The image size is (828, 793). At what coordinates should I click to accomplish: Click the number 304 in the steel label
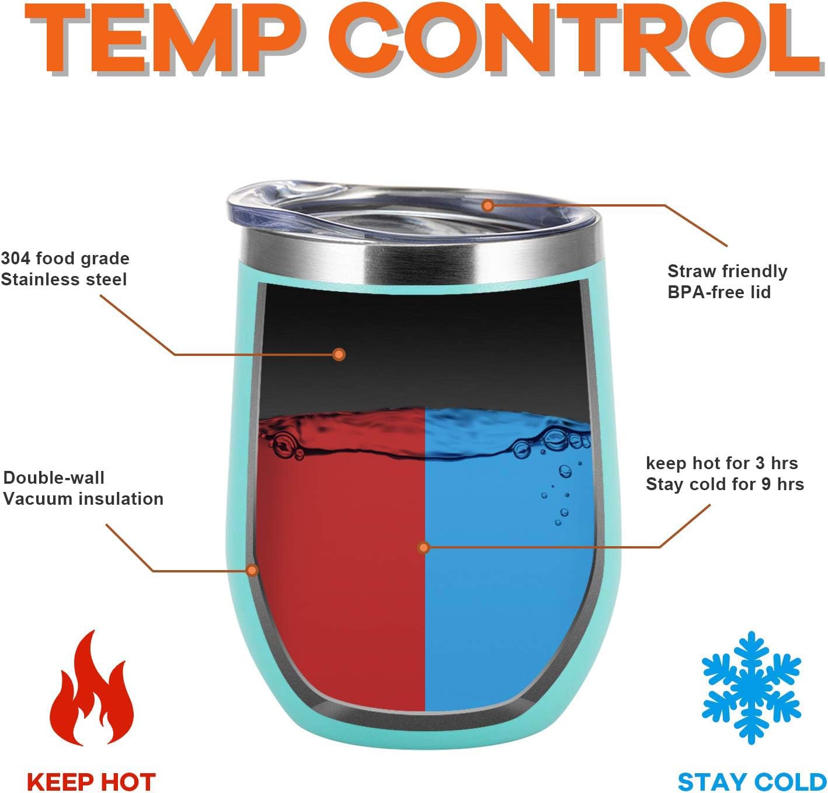click(x=15, y=258)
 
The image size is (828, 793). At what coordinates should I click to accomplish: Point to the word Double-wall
click(x=54, y=477)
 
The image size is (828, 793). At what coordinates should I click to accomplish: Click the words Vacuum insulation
click(x=84, y=499)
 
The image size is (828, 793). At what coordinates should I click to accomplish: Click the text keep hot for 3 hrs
click(x=722, y=463)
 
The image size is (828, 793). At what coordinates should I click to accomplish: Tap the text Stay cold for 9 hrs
click(x=725, y=484)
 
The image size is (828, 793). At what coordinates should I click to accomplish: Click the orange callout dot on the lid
click(x=488, y=206)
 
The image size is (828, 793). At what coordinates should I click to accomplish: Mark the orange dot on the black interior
click(x=339, y=354)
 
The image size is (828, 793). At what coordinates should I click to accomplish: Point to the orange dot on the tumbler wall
click(x=252, y=570)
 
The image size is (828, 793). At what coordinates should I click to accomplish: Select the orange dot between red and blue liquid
click(x=423, y=547)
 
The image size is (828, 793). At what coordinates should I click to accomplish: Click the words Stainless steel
click(x=64, y=280)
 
